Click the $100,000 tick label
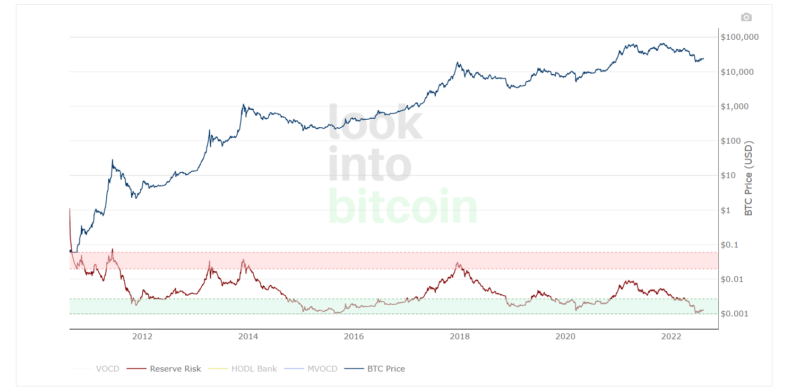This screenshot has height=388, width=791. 740,37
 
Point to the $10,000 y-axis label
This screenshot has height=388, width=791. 737,72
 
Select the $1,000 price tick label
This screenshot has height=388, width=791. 735,107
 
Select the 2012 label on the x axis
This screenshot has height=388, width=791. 142,336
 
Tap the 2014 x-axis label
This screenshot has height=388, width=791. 248,336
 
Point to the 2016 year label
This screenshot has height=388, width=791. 354,336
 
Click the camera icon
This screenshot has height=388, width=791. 746,17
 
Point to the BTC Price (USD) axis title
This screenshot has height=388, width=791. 749,178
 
